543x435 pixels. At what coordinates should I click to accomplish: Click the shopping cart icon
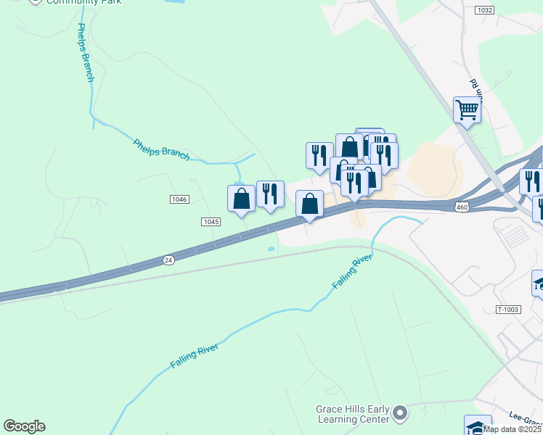(467, 110)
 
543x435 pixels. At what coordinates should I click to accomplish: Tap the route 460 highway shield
(462, 208)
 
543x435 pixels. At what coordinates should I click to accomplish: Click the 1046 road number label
(180, 199)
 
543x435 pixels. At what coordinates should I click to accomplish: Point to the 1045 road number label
(211, 221)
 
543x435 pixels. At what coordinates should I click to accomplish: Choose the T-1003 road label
(509, 310)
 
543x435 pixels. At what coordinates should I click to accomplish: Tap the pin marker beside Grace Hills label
(399, 415)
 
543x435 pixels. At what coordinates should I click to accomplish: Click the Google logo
(24, 426)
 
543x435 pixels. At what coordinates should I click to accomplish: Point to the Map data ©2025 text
(513, 429)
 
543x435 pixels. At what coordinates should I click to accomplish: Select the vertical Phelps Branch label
(83, 52)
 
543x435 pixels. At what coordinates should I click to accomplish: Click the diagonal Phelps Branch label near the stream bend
(161, 149)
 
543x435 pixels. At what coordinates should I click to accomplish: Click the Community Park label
(83, 2)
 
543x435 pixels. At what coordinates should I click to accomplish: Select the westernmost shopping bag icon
(241, 199)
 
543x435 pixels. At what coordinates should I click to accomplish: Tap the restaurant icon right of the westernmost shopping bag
(270, 194)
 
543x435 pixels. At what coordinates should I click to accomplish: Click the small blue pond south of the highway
(271, 249)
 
